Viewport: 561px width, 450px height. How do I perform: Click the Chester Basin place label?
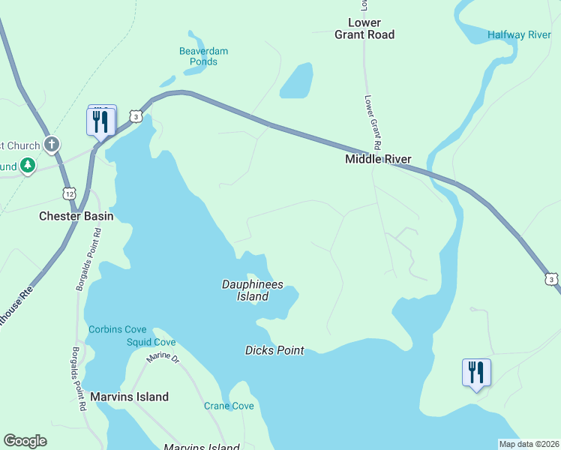point(76,216)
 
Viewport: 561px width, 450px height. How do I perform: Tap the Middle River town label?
point(378,159)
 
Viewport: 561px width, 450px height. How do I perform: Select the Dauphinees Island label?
point(245,290)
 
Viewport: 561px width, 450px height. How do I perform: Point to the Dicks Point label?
point(274,350)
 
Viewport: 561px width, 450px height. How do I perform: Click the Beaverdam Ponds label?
point(203,56)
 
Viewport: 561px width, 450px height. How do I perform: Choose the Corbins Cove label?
point(117,329)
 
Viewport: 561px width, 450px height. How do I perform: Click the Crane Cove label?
point(229,406)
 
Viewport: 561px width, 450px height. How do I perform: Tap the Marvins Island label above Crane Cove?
point(129,397)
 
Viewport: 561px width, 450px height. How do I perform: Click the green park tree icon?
point(28,164)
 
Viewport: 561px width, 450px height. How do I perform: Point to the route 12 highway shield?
point(69,193)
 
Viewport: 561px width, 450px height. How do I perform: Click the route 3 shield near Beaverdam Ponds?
point(135,116)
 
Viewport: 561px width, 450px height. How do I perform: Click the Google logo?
point(25,441)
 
